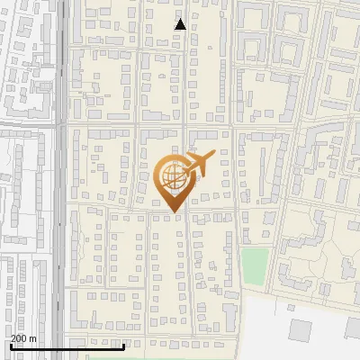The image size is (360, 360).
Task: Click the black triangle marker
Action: [x=180, y=24]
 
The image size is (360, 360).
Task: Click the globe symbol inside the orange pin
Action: [x=171, y=178]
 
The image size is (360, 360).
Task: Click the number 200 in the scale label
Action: [x=18, y=337]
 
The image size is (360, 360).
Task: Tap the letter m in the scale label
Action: [x=32, y=337]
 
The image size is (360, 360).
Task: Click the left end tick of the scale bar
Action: [x=11, y=345]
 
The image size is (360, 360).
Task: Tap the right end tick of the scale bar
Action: [x=124, y=345]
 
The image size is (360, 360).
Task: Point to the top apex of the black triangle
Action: [x=180, y=19]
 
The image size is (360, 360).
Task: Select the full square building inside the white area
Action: [x=299, y=330]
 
